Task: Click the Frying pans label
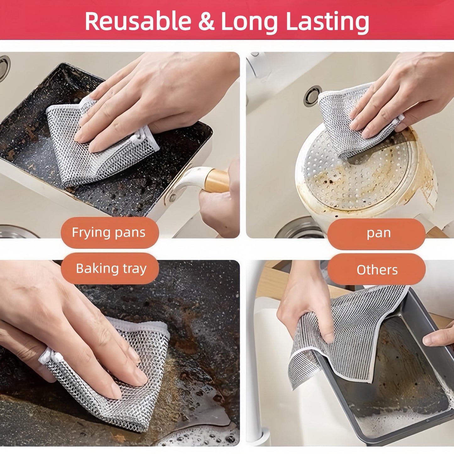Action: coord(109,233)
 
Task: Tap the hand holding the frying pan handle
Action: coord(220,204)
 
